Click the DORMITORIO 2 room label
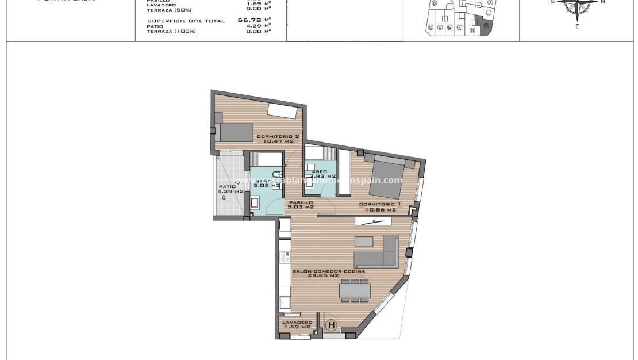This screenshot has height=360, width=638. (x=278, y=136)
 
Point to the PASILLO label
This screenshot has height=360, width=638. (x=301, y=203)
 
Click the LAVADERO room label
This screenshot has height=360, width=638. (x=297, y=322)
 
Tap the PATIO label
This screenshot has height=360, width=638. (x=227, y=186)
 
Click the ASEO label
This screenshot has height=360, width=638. (x=319, y=171)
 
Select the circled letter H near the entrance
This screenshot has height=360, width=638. (x=331, y=325)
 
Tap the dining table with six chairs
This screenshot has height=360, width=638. (x=355, y=290)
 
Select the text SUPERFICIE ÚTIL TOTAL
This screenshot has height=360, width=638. (x=186, y=21)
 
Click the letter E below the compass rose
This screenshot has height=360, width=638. (x=577, y=26)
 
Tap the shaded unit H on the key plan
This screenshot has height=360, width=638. (x=486, y=26)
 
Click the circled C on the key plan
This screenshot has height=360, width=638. (x=431, y=27)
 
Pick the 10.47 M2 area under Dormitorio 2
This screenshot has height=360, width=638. (x=278, y=141)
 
